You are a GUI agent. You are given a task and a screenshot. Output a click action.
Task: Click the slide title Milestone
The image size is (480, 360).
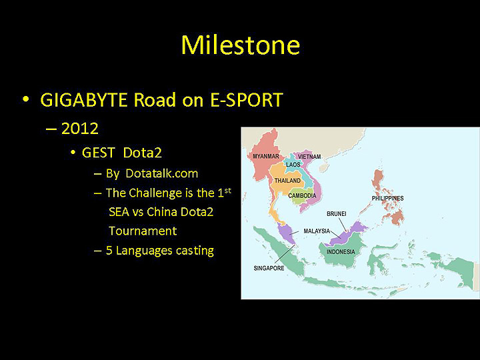[x=240, y=45]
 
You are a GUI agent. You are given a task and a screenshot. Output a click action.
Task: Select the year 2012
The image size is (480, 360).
[x=79, y=129]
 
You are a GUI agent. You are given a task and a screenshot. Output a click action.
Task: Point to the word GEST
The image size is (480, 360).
[x=99, y=153]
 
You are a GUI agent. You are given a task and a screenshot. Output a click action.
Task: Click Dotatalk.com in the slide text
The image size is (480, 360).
[x=161, y=173]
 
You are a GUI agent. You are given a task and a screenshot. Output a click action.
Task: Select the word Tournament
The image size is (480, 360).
[x=143, y=231]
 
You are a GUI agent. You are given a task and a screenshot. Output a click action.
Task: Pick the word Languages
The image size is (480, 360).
[x=149, y=251]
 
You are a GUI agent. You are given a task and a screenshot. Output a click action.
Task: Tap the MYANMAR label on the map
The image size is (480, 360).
[x=266, y=156]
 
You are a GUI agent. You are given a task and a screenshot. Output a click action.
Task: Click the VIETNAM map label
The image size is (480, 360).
[x=309, y=157]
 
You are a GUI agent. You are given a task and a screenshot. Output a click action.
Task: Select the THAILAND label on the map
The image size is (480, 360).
[x=288, y=181]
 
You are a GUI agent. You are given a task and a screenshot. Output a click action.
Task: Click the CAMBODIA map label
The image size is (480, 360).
[x=302, y=195]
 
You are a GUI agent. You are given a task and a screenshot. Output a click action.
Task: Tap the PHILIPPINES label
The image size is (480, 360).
[x=387, y=198]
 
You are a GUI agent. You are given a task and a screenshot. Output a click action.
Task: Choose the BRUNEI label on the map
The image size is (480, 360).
[x=336, y=213]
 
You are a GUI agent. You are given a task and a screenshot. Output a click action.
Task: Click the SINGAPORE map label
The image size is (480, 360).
[x=269, y=268]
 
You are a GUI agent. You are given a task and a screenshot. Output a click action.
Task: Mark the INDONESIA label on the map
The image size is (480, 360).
[x=341, y=252]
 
